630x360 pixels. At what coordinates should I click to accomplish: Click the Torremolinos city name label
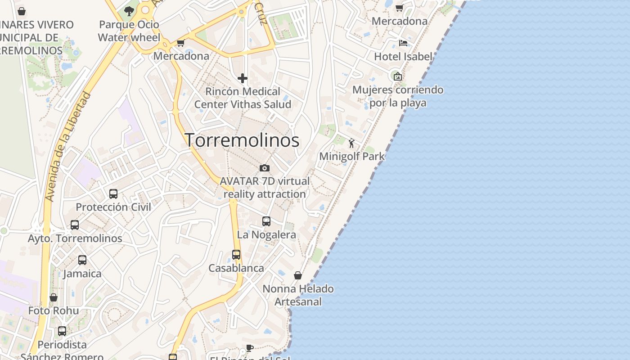point(242,140)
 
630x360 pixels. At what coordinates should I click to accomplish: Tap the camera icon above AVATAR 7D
point(265,168)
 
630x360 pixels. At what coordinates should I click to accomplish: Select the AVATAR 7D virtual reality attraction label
point(265,188)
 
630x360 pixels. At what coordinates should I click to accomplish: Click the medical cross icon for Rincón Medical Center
point(243,78)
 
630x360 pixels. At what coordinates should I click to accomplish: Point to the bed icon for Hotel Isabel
point(403,43)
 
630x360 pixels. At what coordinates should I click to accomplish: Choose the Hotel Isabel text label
point(403,57)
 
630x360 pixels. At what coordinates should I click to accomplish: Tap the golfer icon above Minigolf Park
point(351,144)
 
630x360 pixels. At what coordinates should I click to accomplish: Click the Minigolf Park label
point(351,157)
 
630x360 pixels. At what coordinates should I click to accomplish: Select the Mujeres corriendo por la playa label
point(398,96)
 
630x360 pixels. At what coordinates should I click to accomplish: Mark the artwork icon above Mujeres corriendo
point(398,76)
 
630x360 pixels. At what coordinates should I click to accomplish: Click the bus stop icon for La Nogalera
point(266,221)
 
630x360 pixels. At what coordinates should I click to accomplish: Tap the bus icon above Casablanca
point(236,255)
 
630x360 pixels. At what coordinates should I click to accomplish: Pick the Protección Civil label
point(113,207)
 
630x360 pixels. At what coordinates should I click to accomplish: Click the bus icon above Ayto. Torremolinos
point(75,225)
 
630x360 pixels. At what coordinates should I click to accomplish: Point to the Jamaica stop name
point(82,274)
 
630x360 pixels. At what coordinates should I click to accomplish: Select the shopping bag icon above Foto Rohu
point(54,297)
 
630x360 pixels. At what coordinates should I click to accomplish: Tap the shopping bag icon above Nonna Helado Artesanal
point(298,275)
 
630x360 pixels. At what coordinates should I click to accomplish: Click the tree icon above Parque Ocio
point(129,11)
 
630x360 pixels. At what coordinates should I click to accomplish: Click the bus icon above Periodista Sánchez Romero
point(62,331)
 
